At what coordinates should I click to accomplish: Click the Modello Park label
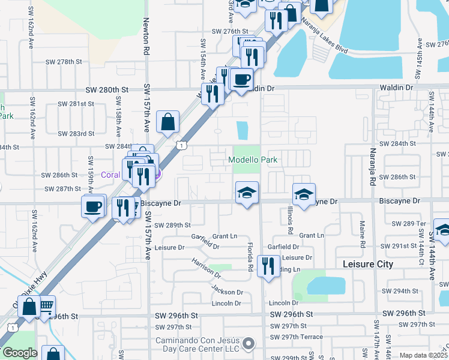tap(253, 160)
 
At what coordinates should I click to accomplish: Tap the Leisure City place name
tap(367, 264)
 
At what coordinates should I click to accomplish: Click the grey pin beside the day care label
tap(249, 344)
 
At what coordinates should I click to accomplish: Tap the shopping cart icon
tap(46, 306)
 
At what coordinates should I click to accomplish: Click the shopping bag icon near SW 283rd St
tap(168, 121)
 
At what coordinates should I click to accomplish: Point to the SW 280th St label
tap(107, 90)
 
